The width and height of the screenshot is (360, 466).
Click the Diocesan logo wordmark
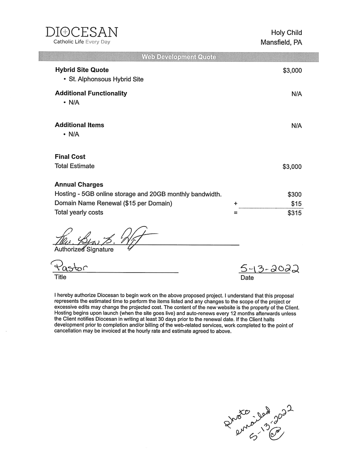tap(82, 32)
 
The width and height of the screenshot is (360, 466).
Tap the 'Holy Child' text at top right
tap(286, 33)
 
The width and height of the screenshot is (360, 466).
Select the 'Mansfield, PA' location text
tap(281, 42)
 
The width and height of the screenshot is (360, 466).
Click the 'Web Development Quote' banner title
tap(179, 57)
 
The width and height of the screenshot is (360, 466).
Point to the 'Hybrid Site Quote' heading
tap(82, 70)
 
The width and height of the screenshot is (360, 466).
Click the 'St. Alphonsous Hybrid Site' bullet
tap(106, 79)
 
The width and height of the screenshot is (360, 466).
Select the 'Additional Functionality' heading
tap(91, 93)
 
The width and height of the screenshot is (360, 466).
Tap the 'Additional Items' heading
tap(80, 125)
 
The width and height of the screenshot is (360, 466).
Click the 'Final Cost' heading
tap(70, 156)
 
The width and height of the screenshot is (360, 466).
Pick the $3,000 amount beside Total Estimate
tap(292, 167)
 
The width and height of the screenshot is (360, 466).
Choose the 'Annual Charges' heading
tap(79, 184)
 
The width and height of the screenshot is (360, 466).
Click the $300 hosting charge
tap(294, 195)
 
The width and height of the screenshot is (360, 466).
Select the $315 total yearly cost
tap(294, 213)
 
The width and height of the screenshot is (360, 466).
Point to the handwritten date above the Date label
tap(270, 269)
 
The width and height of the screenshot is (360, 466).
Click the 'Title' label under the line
tap(60, 277)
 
